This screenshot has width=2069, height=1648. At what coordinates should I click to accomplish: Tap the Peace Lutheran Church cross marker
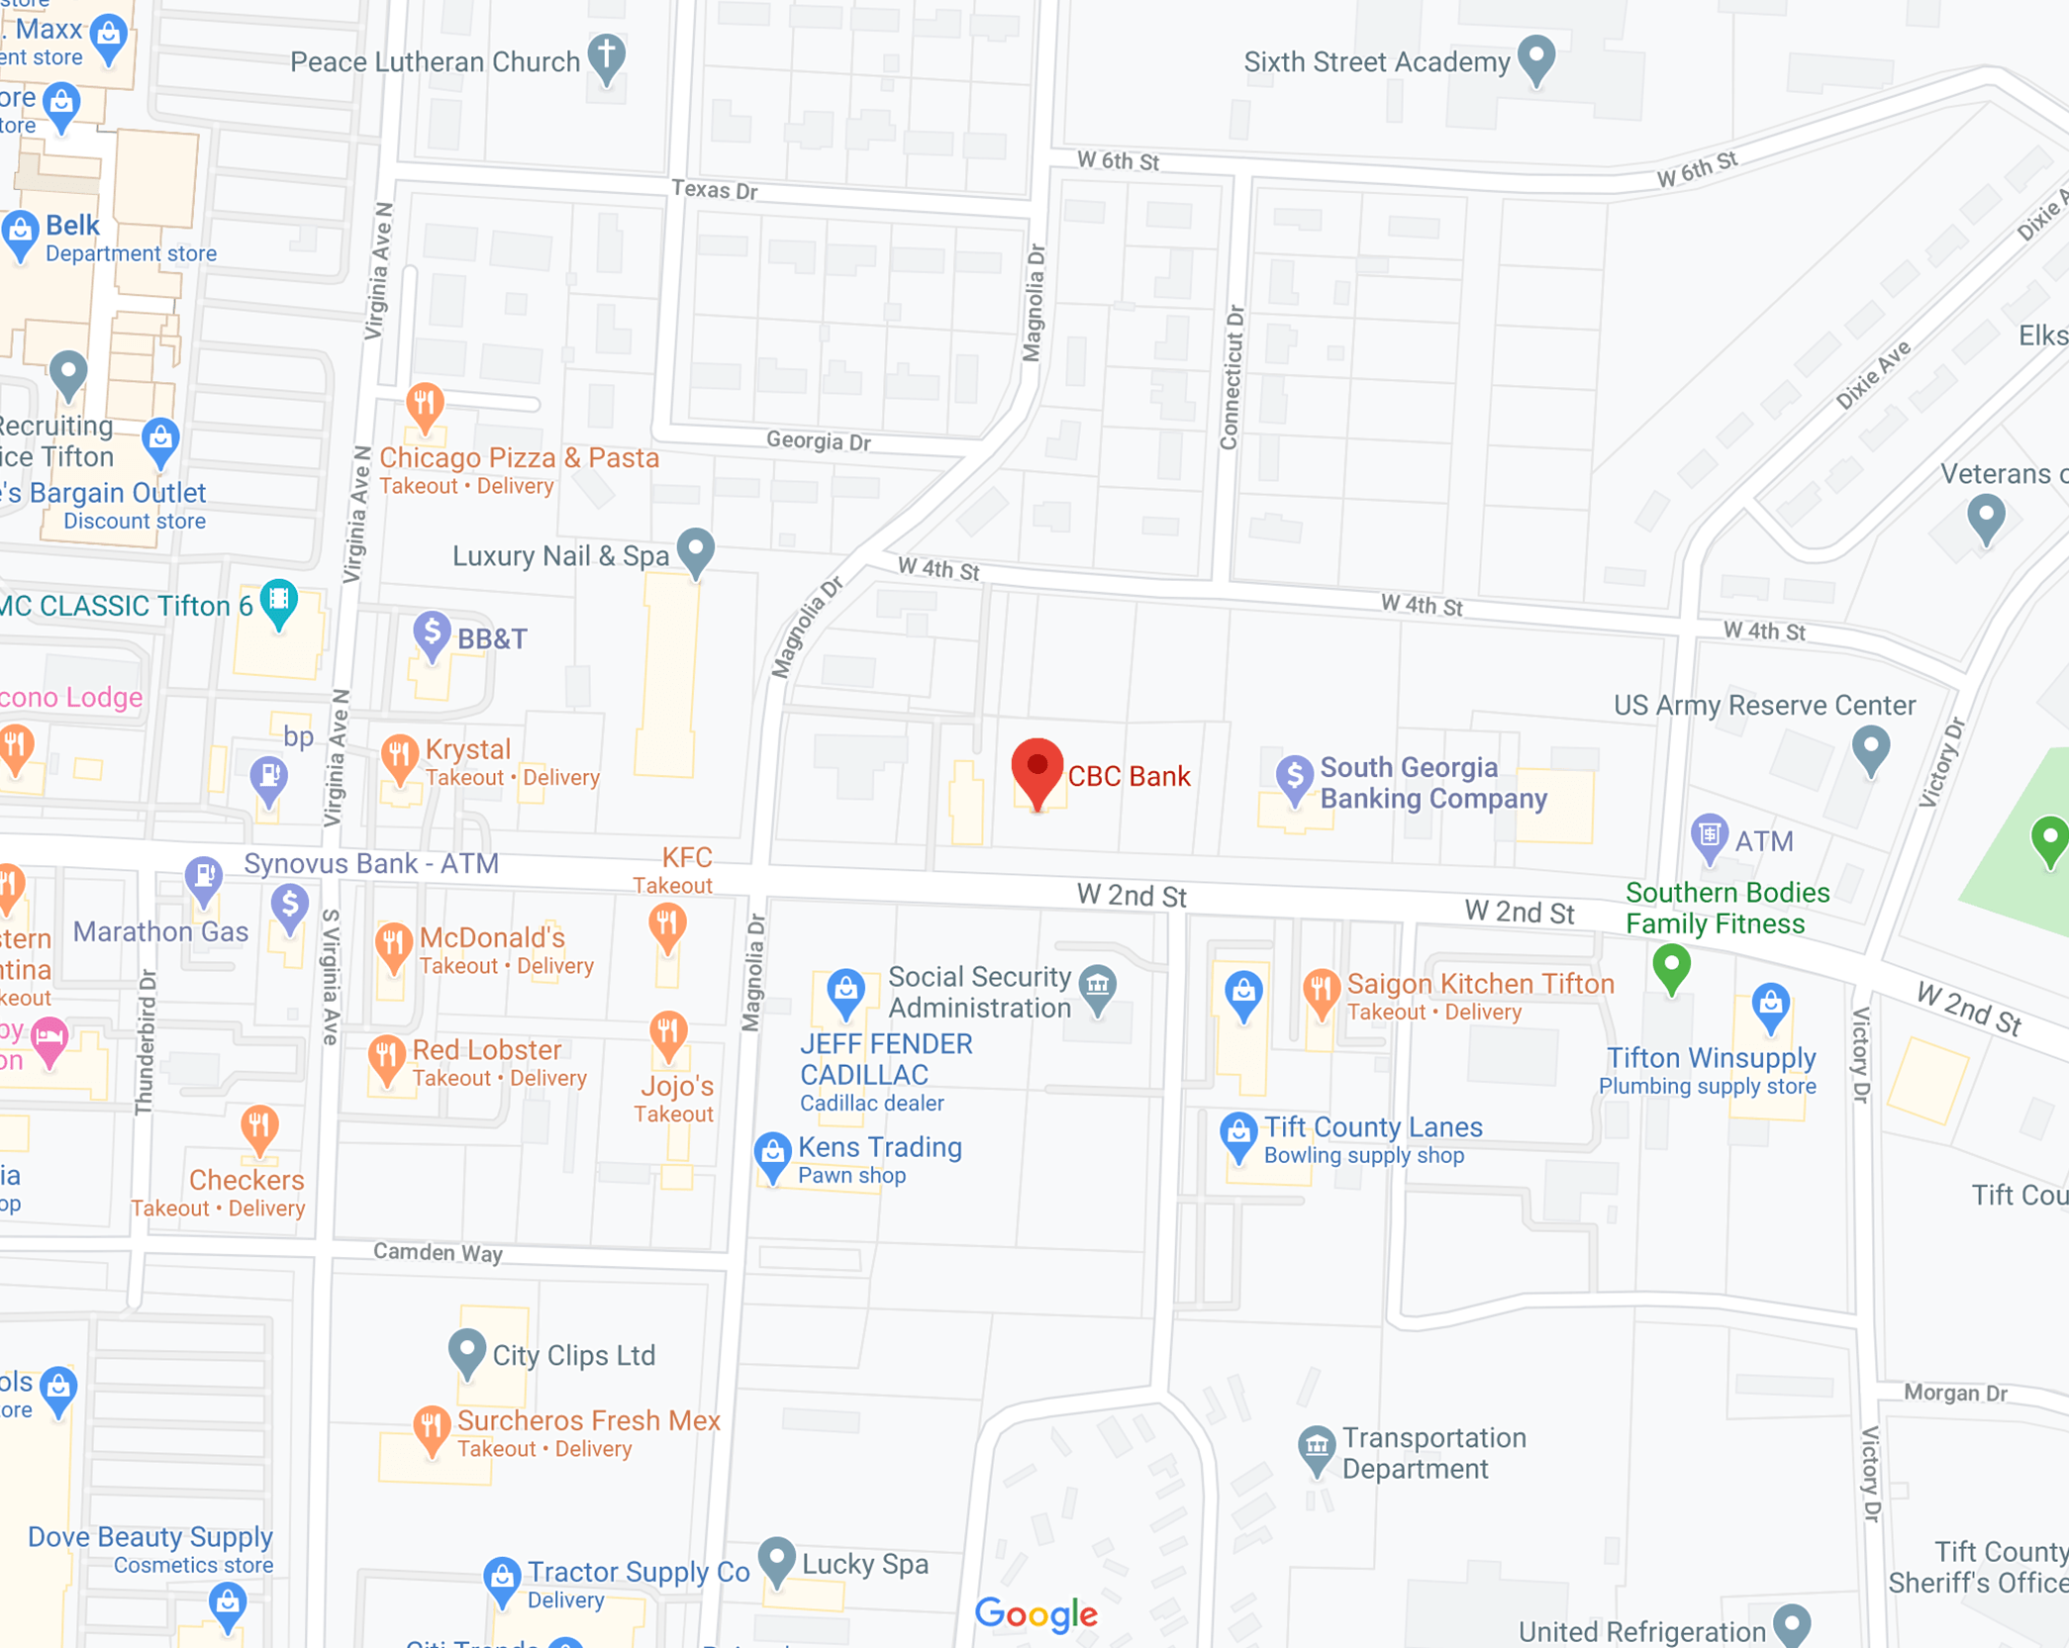[607, 55]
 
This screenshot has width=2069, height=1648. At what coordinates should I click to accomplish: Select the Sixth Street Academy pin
[1536, 56]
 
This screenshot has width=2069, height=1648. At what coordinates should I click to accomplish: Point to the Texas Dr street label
[714, 189]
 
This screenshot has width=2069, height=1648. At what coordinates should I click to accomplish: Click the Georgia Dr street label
[818, 440]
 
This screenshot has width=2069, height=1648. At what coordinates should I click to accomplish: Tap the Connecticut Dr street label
[1232, 377]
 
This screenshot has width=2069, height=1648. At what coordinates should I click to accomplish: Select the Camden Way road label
[438, 1252]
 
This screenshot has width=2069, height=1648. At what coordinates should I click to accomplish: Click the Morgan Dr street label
[1955, 1393]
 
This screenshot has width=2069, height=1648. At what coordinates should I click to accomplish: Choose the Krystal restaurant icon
[399, 757]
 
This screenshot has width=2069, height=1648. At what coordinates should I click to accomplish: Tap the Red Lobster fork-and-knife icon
[386, 1057]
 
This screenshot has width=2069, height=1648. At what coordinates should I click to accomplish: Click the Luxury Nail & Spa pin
[696, 549]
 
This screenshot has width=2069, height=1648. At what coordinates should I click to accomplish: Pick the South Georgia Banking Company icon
[1294, 778]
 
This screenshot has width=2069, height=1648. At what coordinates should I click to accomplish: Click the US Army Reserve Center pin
[1870, 748]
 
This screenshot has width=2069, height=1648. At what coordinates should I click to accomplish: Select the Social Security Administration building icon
[1098, 987]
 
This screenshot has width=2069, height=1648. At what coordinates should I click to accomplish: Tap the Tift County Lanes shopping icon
[1237, 1134]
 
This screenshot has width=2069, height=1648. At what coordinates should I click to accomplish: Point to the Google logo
[1035, 1614]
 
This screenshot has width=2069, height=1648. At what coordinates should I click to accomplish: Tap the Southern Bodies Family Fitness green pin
[1671, 965]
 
